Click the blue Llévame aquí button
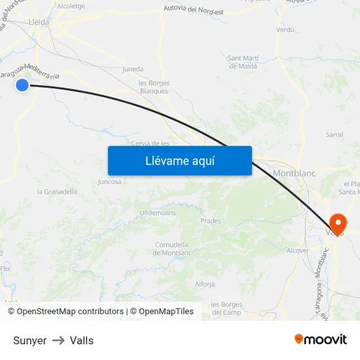point(179,160)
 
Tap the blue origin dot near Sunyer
point(23,84)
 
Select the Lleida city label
point(39,22)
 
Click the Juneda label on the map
point(133,69)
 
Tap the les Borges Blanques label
point(154,87)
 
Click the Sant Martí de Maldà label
point(242,62)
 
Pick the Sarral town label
point(334,134)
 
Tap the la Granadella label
point(57,192)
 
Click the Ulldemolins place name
point(158,213)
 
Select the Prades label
point(210,221)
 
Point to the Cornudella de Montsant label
point(173,249)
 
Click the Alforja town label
point(205,284)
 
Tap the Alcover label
point(298,251)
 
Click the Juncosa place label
point(109,182)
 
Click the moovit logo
point(320,340)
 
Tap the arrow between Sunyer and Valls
point(58,340)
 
